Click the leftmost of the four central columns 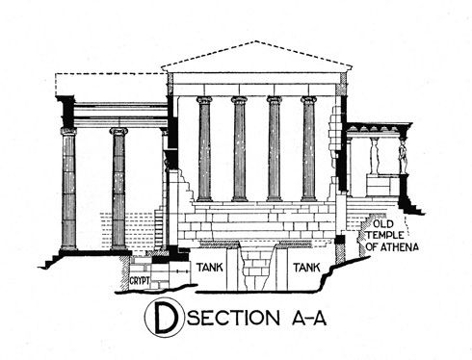point(204,149)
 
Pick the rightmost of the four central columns point(309,149)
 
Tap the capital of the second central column point(239,99)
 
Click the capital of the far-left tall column point(68,131)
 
